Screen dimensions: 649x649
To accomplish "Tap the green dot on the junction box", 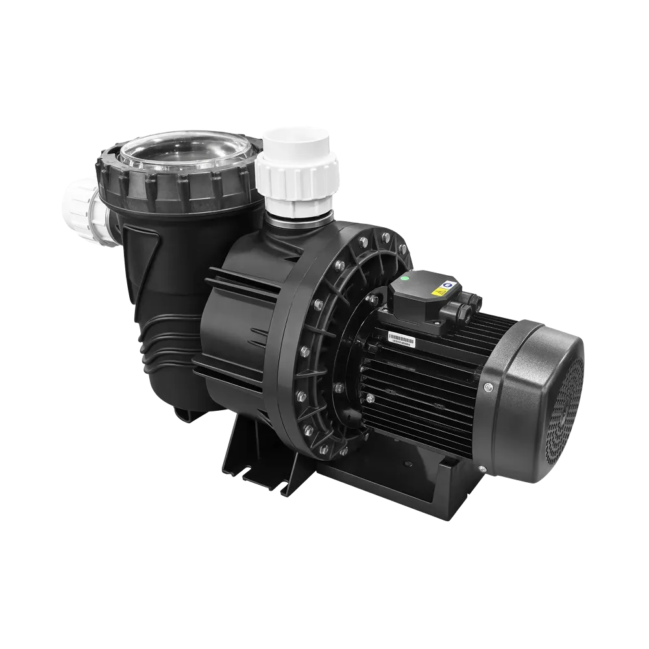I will [x=404, y=280].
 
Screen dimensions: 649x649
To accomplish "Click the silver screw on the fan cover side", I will [x=489, y=388].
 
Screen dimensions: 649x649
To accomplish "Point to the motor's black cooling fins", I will [x=415, y=383].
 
